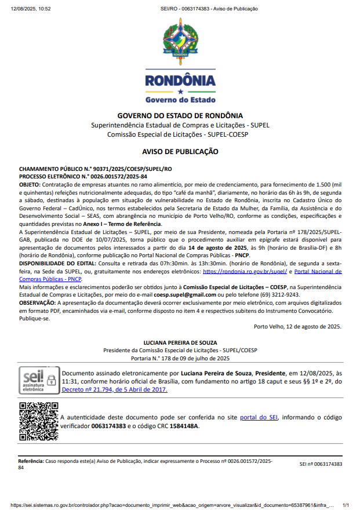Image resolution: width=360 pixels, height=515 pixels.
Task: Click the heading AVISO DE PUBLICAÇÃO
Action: click(180, 152)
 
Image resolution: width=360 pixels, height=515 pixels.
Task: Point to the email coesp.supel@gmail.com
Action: click(185, 294)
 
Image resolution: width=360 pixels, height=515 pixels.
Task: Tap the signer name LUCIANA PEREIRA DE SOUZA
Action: click(180, 343)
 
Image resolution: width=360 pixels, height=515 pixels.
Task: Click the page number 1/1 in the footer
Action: click(346, 505)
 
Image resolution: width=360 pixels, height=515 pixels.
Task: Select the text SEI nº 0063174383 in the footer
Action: click(321, 464)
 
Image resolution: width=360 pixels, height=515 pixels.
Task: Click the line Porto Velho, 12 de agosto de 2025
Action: click(297, 326)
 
